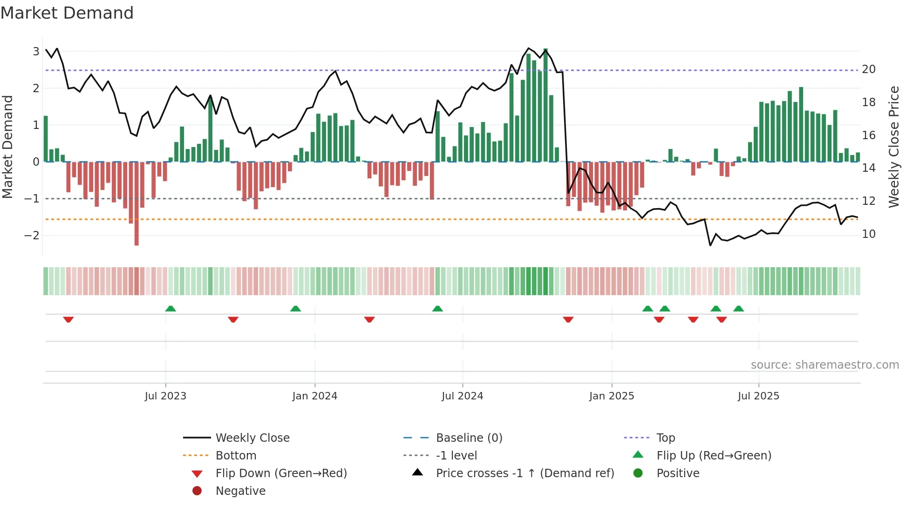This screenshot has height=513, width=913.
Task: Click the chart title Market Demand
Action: point(67,13)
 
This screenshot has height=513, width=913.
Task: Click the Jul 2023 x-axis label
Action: point(165,396)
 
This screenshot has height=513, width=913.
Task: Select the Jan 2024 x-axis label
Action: point(314,396)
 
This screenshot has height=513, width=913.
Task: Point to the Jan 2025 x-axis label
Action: point(611,396)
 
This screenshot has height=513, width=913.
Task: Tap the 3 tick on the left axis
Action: point(36,51)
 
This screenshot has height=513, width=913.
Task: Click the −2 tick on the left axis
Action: point(32,235)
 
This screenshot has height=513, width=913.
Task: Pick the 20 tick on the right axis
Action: point(868,69)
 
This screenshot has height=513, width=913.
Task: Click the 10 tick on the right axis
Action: point(868,234)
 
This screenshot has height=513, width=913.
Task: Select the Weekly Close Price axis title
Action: point(893,147)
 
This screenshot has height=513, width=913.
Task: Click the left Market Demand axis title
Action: point(8,147)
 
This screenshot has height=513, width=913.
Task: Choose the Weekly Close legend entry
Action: point(252,438)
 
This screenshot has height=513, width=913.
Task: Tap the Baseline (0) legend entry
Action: point(469,438)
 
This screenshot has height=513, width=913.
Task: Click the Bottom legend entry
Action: point(236,456)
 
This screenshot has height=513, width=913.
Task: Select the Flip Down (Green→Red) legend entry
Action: point(281,473)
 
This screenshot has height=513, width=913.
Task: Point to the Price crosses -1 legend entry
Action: point(525,473)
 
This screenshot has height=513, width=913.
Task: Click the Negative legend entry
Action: point(240,491)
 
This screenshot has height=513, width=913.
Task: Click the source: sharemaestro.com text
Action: point(824,365)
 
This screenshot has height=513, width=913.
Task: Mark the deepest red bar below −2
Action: point(136,205)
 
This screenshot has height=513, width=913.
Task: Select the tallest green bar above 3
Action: point(545,105)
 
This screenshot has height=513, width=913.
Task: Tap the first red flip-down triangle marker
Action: point(68,319)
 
